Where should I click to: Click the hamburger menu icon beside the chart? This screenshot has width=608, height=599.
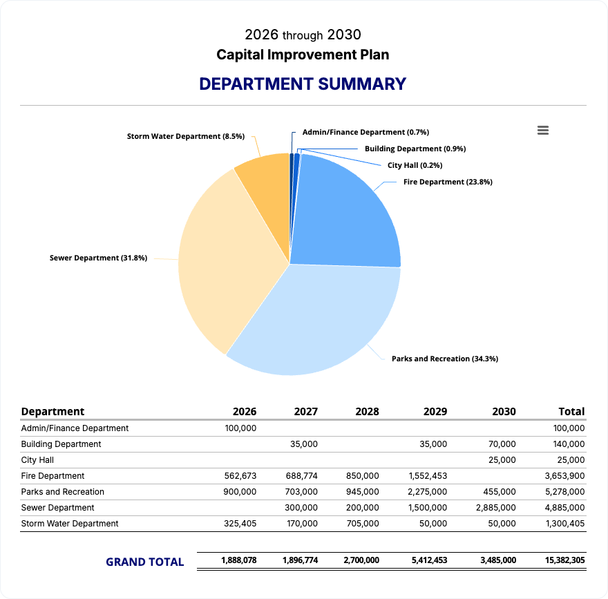click(543, 131)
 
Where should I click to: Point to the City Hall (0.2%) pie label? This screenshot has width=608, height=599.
click(415, 166)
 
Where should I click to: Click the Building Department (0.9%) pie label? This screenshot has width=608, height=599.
click(415, 149)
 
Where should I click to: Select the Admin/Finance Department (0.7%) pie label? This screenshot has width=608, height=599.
click(365, 132)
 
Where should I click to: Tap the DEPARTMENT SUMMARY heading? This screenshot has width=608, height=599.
click(303, 84)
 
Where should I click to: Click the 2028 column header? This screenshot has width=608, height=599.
click(367, 412)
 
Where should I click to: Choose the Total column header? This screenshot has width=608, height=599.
click(571, 412)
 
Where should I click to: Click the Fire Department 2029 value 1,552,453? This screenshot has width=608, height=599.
click(428, 476)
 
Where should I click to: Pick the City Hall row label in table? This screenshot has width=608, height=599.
click(37, 460)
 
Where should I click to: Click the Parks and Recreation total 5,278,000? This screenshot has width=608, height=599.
click(564, 492)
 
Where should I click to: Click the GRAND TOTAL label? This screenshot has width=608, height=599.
click(144, 562)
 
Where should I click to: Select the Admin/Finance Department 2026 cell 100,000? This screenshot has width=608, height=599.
click(240, 428)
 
